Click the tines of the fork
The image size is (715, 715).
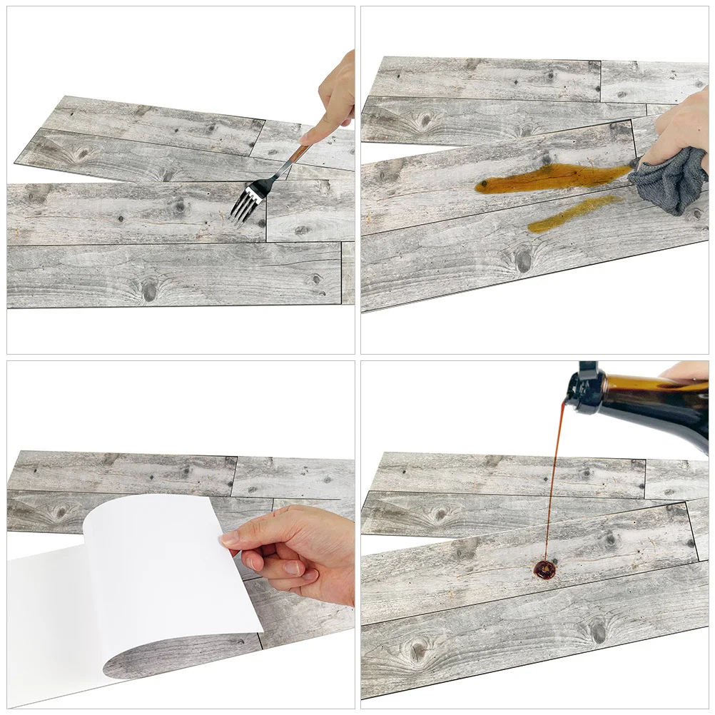245,201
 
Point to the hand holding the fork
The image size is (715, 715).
335,100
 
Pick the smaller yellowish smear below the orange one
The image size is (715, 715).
571,214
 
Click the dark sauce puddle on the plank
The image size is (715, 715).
545,569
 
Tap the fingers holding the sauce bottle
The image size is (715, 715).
685,371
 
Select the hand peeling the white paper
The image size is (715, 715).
300,549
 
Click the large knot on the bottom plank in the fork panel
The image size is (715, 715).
148,290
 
